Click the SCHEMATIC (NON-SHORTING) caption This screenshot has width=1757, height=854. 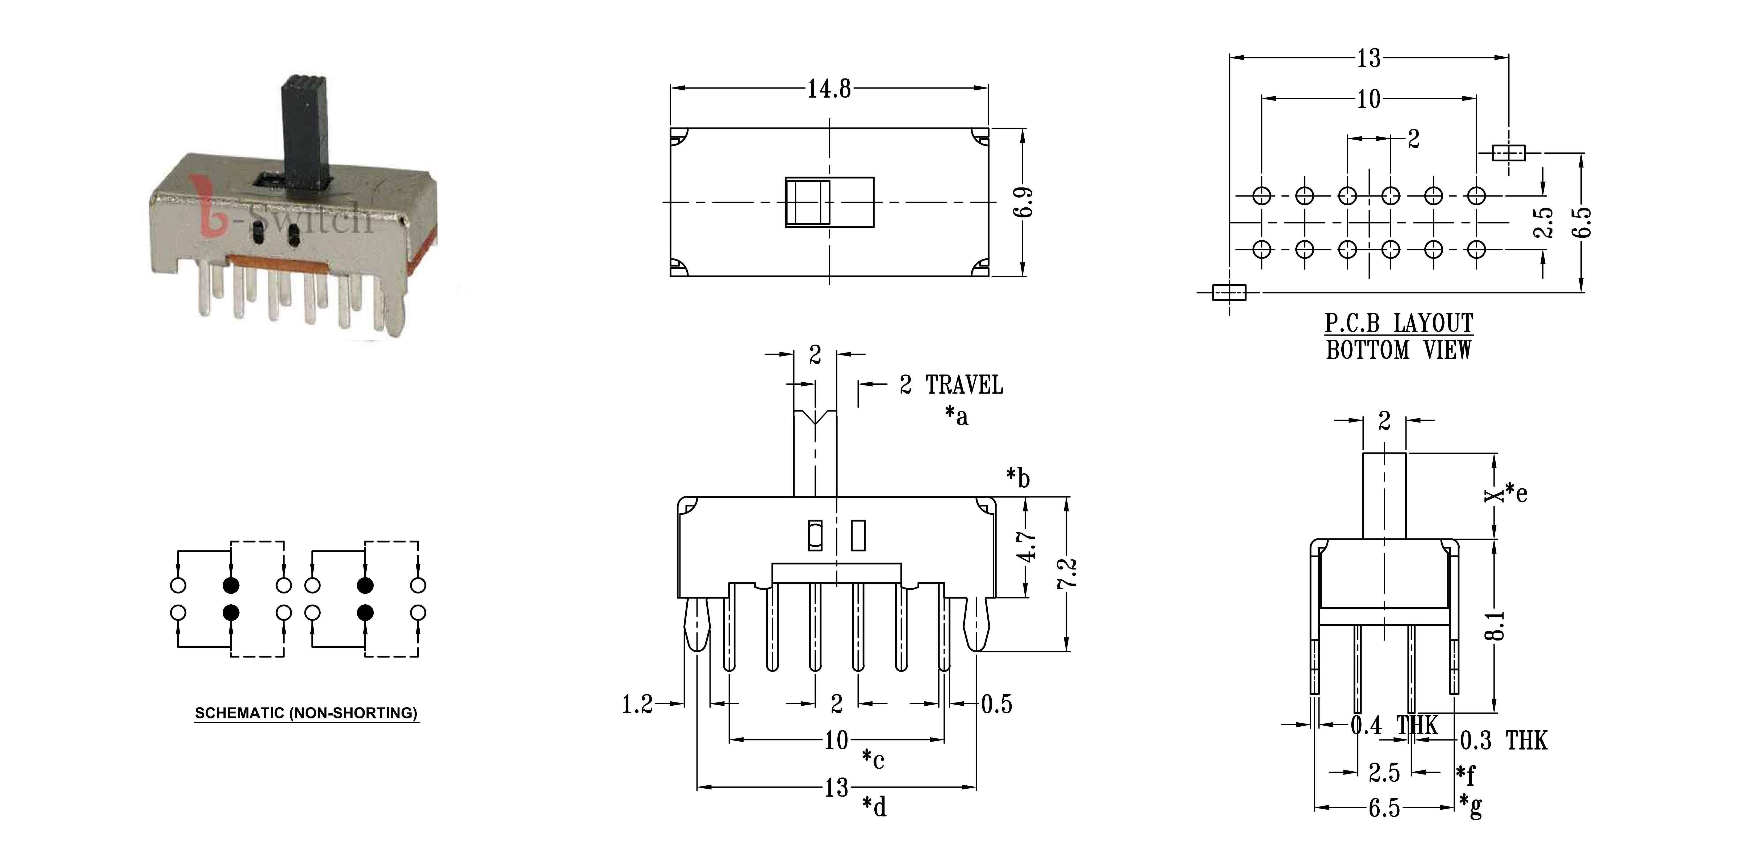coord(306,714)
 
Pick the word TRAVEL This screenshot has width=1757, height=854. coord(964,386)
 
